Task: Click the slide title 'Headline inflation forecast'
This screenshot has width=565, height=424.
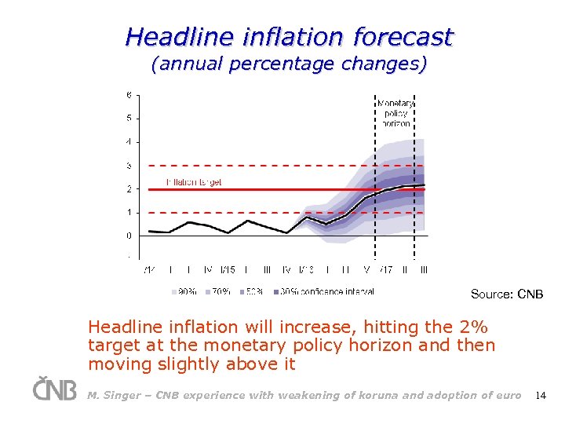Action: coord(289,36)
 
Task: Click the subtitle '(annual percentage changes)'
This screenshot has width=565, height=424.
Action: coord(289,64)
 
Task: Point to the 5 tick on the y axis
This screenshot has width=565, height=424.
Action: coord(129,119)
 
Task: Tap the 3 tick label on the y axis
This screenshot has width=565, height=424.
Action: coord(129,166)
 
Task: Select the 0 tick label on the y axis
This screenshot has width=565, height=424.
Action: coord(129,236)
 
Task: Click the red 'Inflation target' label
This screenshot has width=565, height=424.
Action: coord(194,182)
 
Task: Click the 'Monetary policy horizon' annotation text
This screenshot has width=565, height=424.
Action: coord(395,113)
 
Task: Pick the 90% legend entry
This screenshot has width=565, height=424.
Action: coord(184,291)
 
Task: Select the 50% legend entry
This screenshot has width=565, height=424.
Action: coord(252,291)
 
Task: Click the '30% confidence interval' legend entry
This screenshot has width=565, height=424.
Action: coord(323,291)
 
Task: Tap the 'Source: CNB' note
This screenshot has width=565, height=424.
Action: coord(506,294)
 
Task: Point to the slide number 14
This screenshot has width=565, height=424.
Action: coord(540,396)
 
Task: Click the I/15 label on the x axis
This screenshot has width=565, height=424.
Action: coord(228,270)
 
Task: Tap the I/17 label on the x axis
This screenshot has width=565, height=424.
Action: coord(385,270)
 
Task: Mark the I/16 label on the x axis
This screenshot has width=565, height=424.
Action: coord(306,270)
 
